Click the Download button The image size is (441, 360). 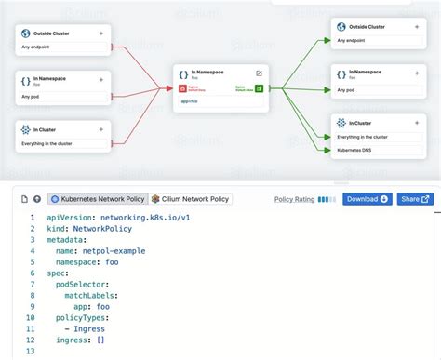(367, 199)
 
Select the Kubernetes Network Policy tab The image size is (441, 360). (98, 199)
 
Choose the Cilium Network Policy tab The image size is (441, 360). (192, 199)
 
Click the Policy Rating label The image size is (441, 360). (295, 199)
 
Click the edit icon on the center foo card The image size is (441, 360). (260, 73)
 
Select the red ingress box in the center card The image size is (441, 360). (190, 88)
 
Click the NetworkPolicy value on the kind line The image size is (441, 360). (108, 227)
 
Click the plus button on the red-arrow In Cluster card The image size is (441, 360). (101, 130)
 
